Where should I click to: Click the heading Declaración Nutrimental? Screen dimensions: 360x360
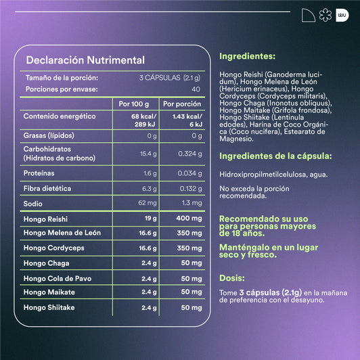(85, 60)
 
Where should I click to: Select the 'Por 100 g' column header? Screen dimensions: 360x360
(133, 104)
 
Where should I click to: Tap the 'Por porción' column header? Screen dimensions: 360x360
(182, 104)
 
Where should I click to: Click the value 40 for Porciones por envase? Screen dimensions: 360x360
(196, 89)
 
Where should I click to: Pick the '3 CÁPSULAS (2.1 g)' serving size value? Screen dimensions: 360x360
(170, 78)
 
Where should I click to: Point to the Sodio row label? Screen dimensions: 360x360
(33, 202)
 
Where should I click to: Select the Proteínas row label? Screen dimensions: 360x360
(39, 173)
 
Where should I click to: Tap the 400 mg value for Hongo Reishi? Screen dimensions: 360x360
(189, 219)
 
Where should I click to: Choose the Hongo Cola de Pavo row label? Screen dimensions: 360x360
(57, 278)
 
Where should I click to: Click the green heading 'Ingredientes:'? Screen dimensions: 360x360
(248, 57)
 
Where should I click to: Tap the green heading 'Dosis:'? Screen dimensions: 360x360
(232, 277)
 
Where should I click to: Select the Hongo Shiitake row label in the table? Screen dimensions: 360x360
(49, 307)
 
